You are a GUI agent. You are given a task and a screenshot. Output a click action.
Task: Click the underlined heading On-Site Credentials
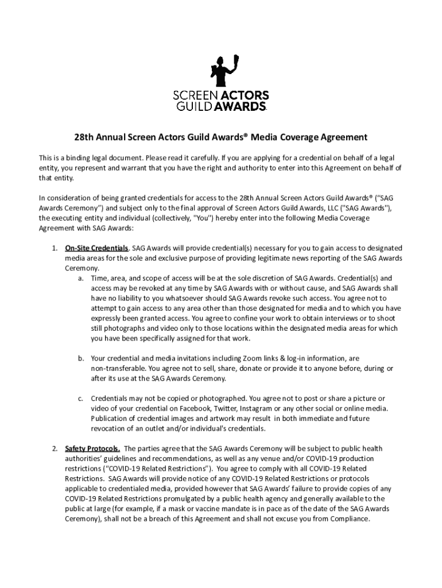coord(96,249)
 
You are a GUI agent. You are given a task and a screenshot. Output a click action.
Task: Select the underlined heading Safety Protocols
coord(92,448)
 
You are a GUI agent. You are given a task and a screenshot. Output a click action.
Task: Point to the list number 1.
coord(53,249)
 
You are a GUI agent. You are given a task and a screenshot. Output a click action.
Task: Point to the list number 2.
coord(53,448)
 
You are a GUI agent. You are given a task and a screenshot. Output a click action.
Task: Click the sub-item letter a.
coord(80,278)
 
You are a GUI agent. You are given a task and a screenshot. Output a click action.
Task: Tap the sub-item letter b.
coord(80,358)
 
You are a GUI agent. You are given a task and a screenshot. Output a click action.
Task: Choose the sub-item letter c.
coord(80,399)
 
